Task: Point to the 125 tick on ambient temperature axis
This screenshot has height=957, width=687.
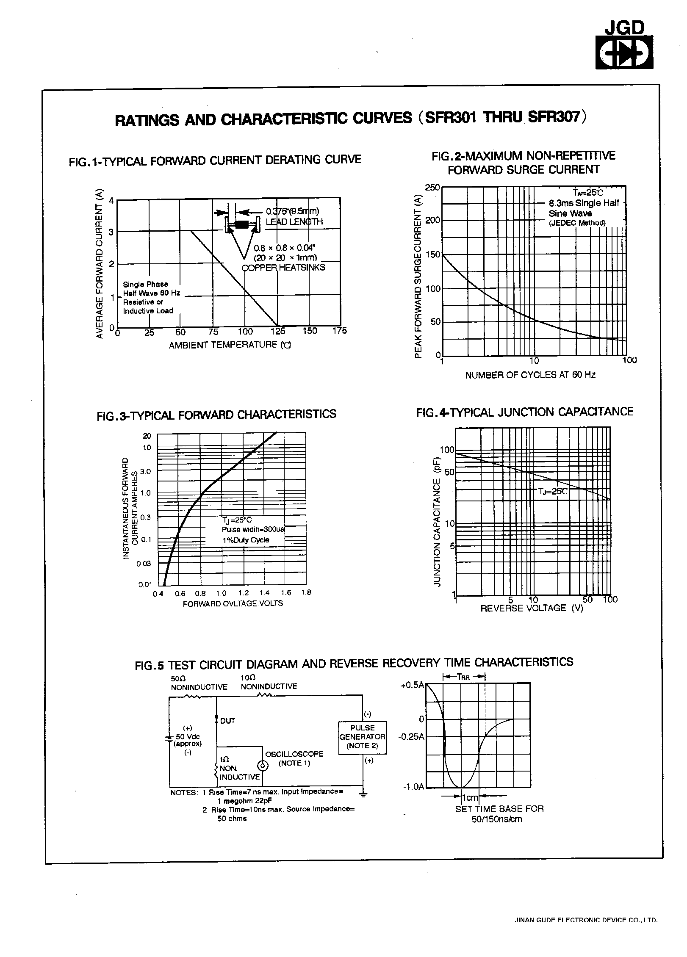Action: (x=278, y=332)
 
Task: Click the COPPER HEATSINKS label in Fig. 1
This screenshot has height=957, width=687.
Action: (x=283, y=268)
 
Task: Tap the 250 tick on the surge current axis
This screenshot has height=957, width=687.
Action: (x=432, y=188)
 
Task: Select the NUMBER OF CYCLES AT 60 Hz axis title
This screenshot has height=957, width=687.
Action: (x=530, y=375)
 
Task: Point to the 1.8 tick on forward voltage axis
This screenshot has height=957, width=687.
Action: (x=306, y=593)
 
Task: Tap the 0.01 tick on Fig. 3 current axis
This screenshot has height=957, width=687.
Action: (x=145, y=585)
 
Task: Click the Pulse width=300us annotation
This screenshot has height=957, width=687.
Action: (x=253, y=530)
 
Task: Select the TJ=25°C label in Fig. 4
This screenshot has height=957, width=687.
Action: (x=552, y=492)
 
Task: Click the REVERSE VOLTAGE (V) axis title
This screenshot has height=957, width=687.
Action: (x=532, y=608)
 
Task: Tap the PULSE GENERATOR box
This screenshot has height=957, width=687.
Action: (x=363, y=737)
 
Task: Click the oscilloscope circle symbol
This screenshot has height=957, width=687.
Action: (x=263, y=766)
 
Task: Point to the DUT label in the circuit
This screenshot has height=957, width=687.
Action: (x=227, y=721)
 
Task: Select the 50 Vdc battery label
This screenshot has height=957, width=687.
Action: (x=188, y=737)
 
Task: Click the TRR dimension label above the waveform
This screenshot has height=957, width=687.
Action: (x=463, y=677)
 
